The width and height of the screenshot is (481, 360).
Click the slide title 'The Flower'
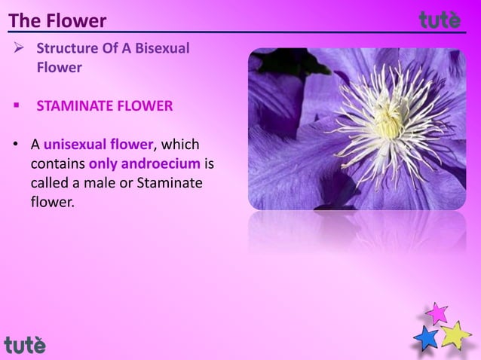[x=57, y=20]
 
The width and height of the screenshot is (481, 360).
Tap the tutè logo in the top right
[x=440, y=20]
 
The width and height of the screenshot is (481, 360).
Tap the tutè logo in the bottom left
[x=25, y=345]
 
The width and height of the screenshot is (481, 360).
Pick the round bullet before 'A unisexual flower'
[x=14, y=144]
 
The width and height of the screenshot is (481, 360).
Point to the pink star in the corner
[x=436, y=313]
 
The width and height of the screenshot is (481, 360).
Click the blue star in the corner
[x=427, y=338]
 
